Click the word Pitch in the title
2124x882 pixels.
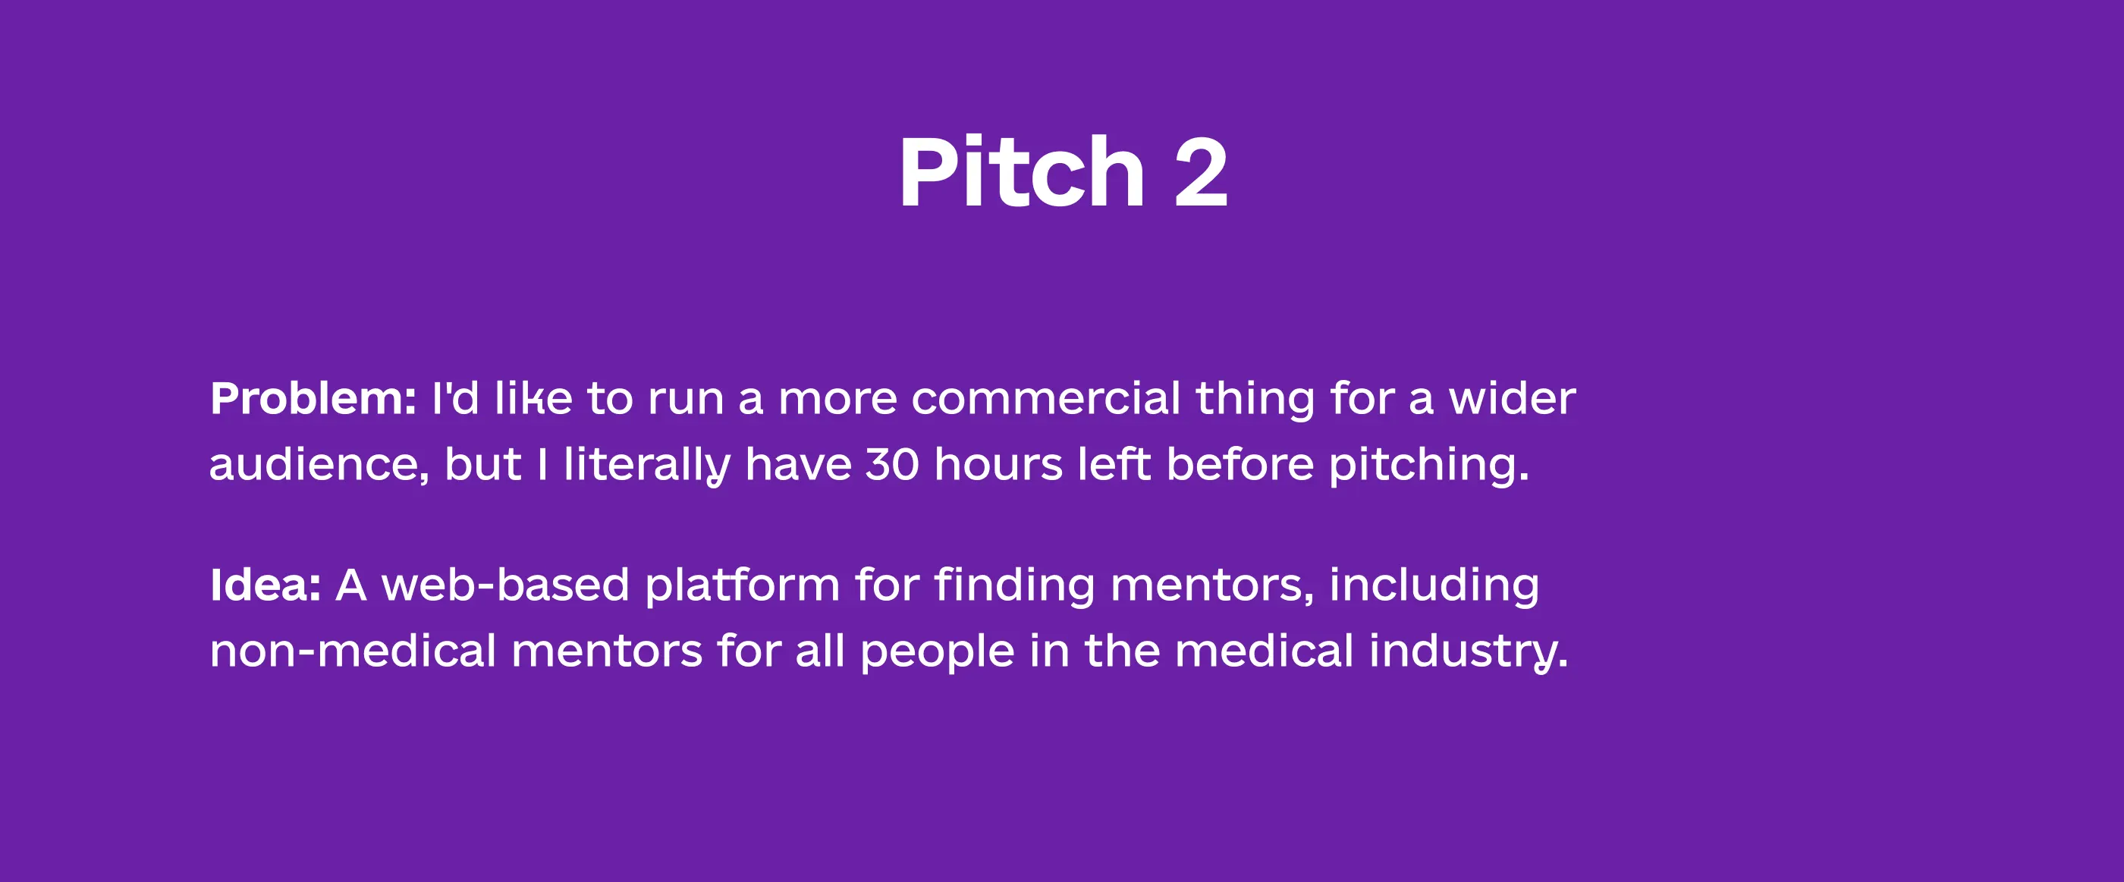(1022, 172)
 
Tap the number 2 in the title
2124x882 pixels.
(1202, 173)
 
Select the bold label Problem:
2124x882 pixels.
(313, 399)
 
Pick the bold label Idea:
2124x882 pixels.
(265, 585)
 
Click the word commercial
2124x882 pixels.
(1046, 399)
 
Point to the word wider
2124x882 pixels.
(1512, 399)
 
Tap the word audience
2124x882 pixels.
(319, 465)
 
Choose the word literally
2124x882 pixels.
(646, 467)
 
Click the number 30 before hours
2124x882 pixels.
(892, 464)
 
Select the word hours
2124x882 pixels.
(998, 464)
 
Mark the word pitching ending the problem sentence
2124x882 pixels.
(1429, 467)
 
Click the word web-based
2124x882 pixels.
(505, 585)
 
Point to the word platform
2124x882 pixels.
(742, 588)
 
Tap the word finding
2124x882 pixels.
(1015, 588)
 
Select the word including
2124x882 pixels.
(1434, 588)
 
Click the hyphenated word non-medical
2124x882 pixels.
(353, 651)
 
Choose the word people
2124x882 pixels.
(938, 654)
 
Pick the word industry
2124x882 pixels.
(1468, 654)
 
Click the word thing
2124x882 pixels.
(1255, 401)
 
